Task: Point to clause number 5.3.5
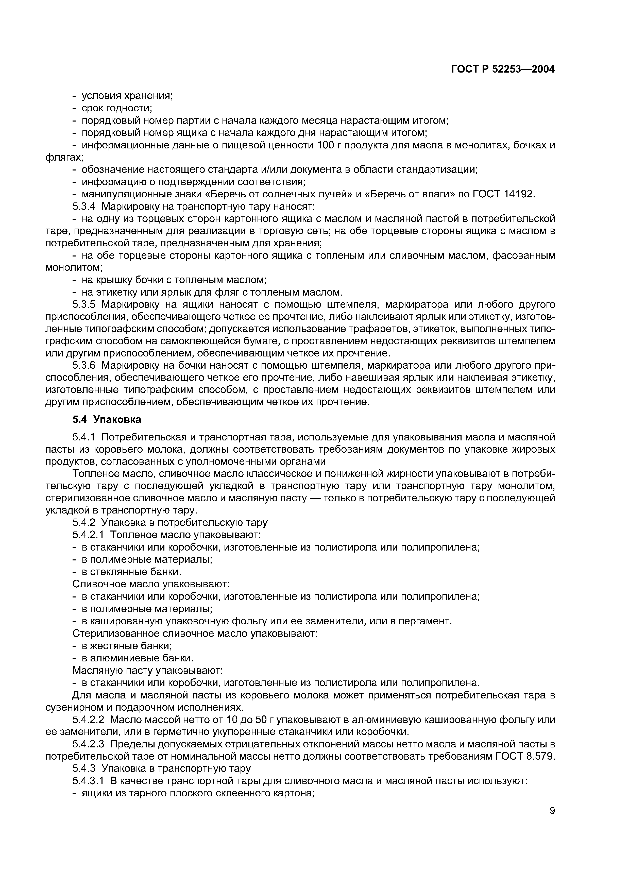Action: pyautogui.click(x=85, y=304)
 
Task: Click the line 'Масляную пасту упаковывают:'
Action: pyautogui.click(x=148, y=670)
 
